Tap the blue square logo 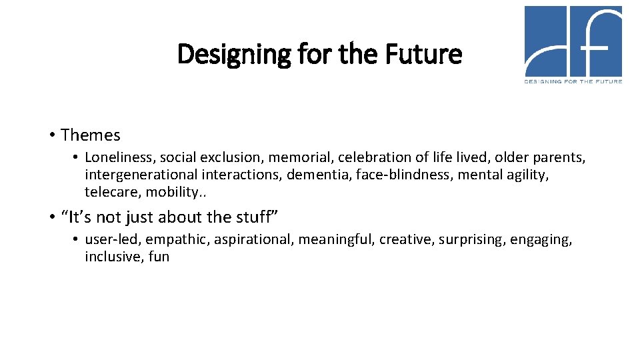point(573,41)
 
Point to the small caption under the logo point(573,81)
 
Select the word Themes point(91,135)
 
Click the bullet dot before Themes point(51,135)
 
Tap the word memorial point(300,157)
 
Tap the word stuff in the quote point(253,217)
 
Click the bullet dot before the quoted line point(51,217)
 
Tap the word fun point(159,257)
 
